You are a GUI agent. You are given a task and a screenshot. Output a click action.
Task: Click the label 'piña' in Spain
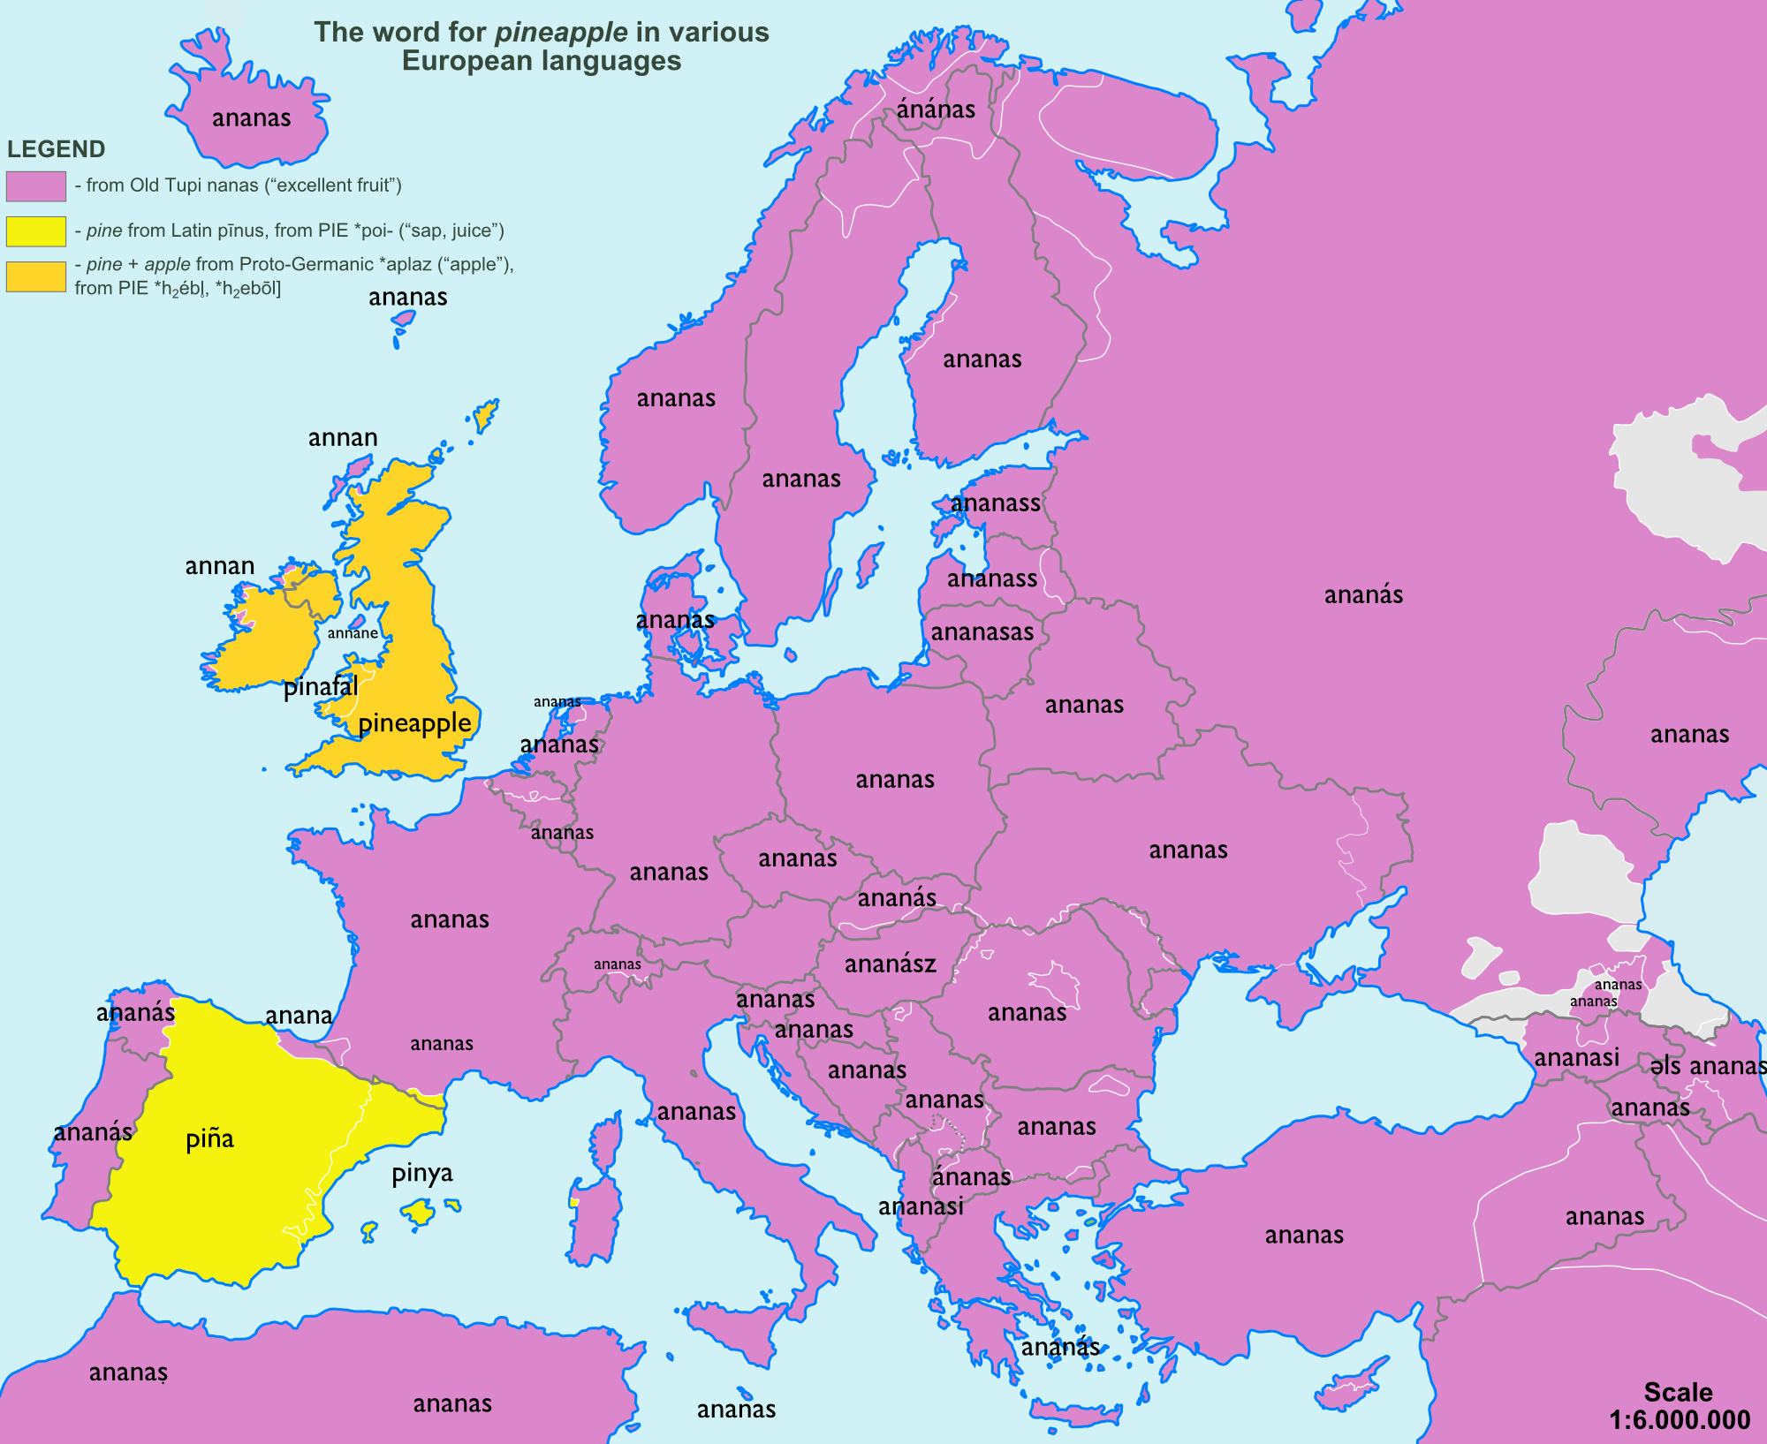click(x=209, y=1139)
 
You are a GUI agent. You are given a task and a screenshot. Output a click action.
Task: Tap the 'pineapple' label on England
click(x=414, y=723)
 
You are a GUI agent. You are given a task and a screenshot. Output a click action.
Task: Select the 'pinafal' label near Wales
click(x=320, y=687)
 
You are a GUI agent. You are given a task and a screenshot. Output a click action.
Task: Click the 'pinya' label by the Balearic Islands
click(x=422, y=1173)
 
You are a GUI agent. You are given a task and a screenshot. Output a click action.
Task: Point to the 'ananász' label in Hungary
click(x=890, y=964)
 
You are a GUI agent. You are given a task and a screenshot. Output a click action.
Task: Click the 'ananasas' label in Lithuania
click(x=982, y=632)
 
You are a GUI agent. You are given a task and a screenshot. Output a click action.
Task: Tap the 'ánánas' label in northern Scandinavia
click(x=936, y=110)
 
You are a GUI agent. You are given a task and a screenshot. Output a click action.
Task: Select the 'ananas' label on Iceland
click(x=251, y=118)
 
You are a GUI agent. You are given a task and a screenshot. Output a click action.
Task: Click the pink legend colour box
click(x=36, y=186)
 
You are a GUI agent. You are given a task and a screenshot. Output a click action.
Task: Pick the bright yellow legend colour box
click(x=36, y=231)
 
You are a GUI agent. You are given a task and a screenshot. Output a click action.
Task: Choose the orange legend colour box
click(x=36, y=276)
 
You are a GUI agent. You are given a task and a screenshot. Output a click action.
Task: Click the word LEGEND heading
click(x=57, y=149)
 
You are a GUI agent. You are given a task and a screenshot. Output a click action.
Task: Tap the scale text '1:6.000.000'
click(x=1679, y=1420)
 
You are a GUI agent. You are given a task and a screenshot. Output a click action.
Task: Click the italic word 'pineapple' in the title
click(x=561, y=33)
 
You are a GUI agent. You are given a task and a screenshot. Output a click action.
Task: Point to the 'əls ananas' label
click(x=1706, y=1066)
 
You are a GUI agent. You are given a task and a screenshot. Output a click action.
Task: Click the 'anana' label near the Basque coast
click(x=299, y=1016)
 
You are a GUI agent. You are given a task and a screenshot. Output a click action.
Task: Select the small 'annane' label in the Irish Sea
click(x=353, y=633)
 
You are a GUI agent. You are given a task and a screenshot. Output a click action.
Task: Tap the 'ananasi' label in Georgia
click(x=1576, y=1057)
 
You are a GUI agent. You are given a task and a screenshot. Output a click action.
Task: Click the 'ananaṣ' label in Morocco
click(x=128, y=1372)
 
